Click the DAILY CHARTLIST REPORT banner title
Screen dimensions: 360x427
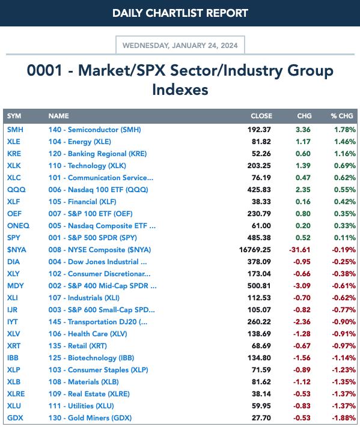pyautogui.click(x=180, y=13)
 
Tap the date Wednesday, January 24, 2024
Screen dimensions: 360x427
pyautogui.click(x=180, y=46)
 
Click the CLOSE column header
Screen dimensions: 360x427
pyautogui.click(x=261, y=116)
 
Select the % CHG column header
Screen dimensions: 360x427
pyautogui.click(x=342, y=116)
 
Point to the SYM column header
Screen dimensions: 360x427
pyautogui.click(x=14, y=116)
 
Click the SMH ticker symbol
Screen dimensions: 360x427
pyautogui.click(x=15, y=130)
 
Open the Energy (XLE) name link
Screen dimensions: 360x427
pyautogui.click(x=80, y=142)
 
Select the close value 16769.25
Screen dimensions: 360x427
pyautogui.click(x=255, y=250)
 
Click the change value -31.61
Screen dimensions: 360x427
pyautogui.click(x=299, y=250)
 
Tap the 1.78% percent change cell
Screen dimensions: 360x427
pyautogui.click(x=345, y=130)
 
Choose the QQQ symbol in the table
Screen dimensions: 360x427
pyautogui.click(x=16, y=190)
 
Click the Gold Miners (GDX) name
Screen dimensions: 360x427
pyautogui.click(x=90, y=418)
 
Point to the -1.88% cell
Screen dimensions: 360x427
pyautogui.click(x=344, y=418)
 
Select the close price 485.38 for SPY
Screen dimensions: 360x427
pyautogui.click(x=259, y=238)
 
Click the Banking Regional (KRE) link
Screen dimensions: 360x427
pyautogui.click(x=97, y=154)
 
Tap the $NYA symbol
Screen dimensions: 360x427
pyautogui.click(x=17, y=250)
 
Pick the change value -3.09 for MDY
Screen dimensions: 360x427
pyautogui.click(x=302, y=286)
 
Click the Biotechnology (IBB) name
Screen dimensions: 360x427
pyautogui.click(x=91, y=358)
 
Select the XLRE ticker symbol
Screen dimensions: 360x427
pyautogui.click(x=16, y=394)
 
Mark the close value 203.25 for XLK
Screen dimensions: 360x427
pyautogui.click(x=259, y=166)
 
